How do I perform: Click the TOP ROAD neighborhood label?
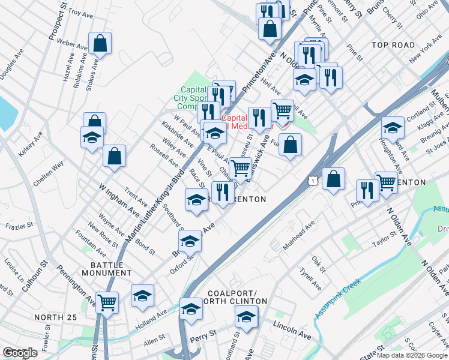393,45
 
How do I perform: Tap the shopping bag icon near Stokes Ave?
100,43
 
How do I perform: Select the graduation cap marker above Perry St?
191,308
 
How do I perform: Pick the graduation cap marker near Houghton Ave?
393,128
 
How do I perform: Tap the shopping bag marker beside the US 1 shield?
333,178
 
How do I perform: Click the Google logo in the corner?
20,353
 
